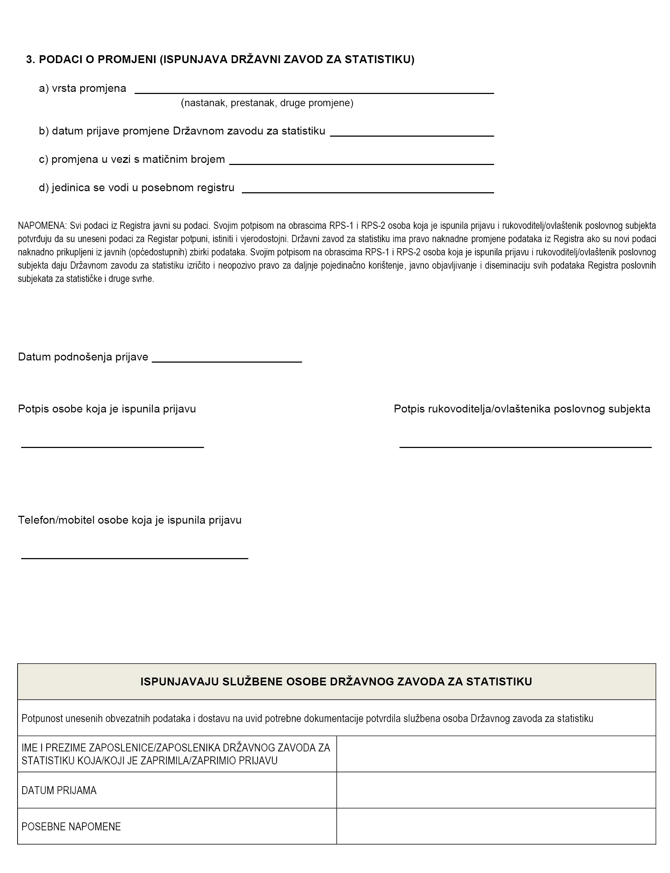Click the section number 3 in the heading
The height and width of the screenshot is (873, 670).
click(30, 60)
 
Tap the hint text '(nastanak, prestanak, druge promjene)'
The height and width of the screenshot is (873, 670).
click(267, 103)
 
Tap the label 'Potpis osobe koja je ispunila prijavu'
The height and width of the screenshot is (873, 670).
click(107, 409)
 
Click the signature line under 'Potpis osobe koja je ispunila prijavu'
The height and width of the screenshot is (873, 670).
click(113, 447)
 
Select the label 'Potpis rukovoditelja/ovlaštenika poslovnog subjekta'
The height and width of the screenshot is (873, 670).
click(522, 409)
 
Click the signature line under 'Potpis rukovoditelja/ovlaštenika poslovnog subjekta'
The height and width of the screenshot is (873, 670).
click(525, 447)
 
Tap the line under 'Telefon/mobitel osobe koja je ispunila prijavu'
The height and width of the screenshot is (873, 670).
click(134, 558)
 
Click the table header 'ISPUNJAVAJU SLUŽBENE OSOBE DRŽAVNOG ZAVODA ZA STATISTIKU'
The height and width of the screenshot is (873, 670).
click(336, 682)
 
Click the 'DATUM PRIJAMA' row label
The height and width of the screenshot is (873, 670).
click(59, 791)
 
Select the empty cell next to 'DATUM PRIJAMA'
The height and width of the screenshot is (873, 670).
click(496, 791)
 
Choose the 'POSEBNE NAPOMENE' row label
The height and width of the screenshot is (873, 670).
click(71, 827)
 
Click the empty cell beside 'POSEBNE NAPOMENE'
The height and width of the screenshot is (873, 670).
click(496, 827)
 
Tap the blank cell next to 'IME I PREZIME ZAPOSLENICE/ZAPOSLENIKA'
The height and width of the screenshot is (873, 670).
click(496, 754)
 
